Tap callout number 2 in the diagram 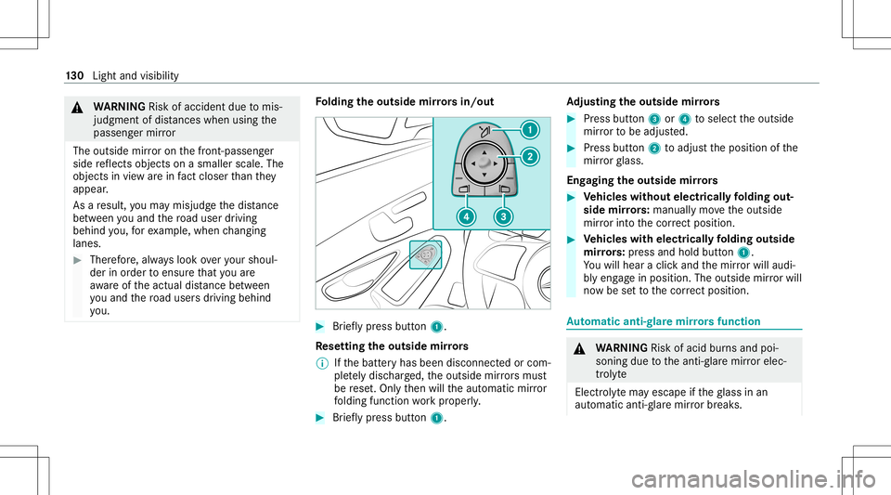[x=531, y=157]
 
